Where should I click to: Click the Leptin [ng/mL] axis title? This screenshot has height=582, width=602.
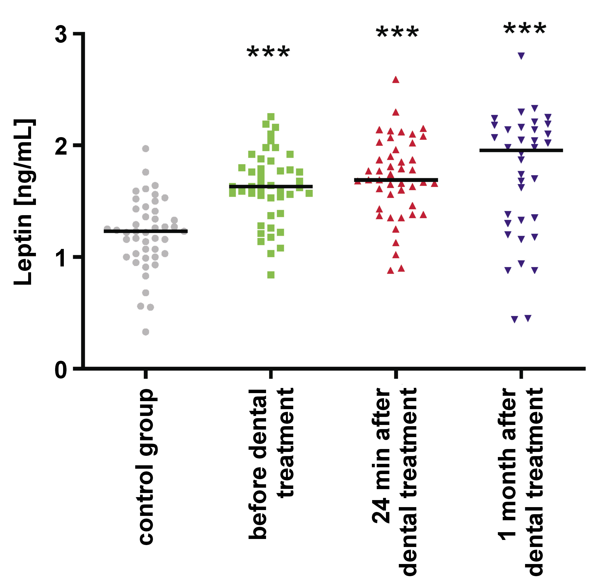click(25, 202)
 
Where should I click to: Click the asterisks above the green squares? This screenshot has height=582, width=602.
click(268, 52)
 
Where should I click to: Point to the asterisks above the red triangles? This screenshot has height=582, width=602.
click(397, 33)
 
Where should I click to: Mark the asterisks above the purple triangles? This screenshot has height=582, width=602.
click(525, 29)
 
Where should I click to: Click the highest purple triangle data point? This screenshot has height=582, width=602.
click(521, 56)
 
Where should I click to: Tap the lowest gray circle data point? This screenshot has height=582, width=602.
click(146, 332)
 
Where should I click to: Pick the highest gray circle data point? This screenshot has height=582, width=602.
click(146, 149)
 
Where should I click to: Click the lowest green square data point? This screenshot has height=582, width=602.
click(271, 275)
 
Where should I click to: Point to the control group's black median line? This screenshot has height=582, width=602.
click(146, 231)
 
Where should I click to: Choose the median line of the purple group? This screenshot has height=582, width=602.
click(521, 150)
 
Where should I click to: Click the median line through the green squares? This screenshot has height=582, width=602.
click(271, 186)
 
